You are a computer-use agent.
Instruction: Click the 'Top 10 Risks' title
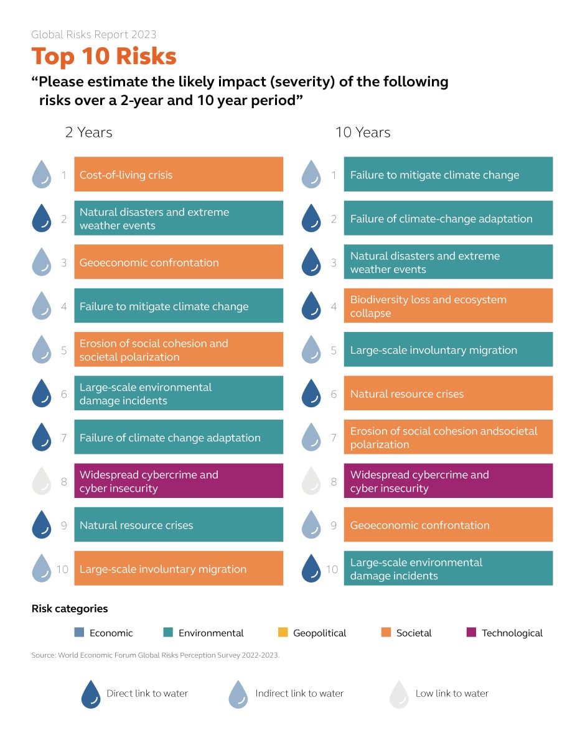104,56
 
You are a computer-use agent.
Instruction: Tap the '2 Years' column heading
88,132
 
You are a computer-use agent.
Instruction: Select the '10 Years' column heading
363,132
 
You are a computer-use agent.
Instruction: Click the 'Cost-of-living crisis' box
179,175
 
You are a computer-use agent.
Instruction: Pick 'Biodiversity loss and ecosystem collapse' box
448,306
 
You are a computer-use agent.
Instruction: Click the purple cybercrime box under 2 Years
179,481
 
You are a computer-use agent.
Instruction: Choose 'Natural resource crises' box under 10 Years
448,394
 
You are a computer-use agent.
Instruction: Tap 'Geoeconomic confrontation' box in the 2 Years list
179,262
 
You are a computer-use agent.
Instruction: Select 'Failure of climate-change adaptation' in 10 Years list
448,219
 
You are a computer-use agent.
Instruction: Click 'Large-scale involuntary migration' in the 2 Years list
179,569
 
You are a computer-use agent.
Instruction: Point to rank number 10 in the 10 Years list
332,569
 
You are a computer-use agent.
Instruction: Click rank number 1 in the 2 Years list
64,175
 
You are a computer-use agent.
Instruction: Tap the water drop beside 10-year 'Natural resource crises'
311,394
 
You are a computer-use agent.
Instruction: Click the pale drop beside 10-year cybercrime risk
311,482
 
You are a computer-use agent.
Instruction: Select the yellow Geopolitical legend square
283,633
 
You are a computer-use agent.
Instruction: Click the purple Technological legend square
471,633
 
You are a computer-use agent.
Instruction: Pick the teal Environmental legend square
168,633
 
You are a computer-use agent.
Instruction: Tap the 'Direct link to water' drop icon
91,694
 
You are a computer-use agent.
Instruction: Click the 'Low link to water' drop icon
400,694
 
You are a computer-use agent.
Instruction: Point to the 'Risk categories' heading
70,609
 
